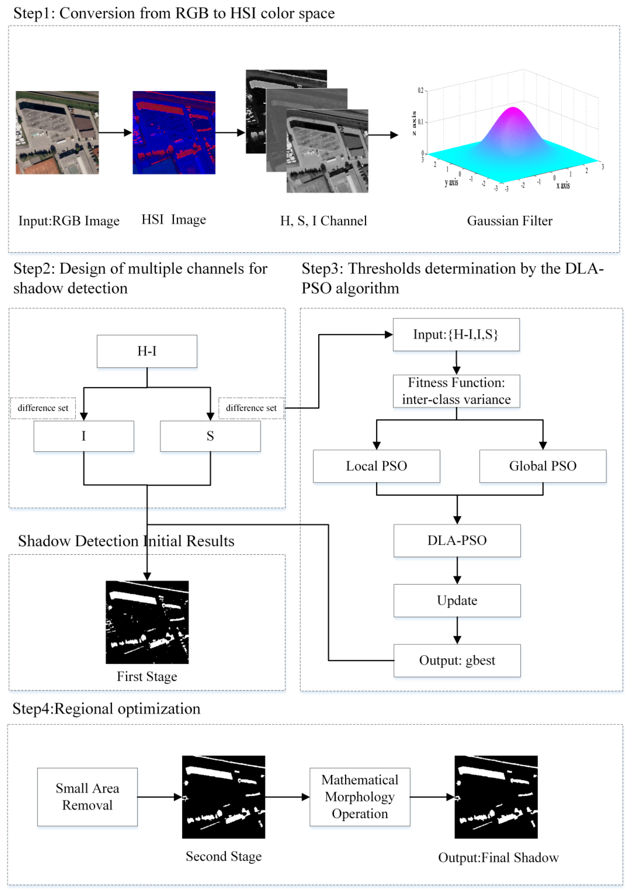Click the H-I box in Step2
pos(147,351)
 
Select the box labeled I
pos(83,436)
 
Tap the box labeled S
pos(210,436)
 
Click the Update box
pos(457,600)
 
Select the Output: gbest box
pos(457,661)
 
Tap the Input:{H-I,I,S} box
pos(456,335)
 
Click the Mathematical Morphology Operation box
pos(360,797)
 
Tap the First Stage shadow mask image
pos(147,622)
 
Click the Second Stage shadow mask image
pos(223,797)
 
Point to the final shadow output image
pos(496,797)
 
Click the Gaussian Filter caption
pos(509,221)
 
